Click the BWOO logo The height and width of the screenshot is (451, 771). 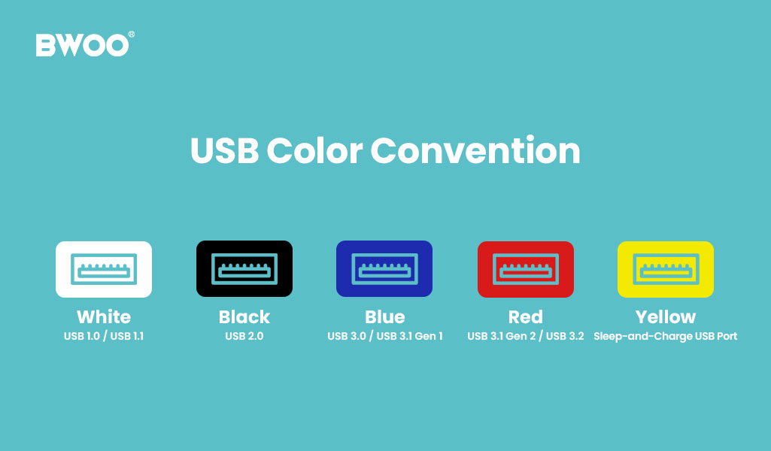[x=82, y=45]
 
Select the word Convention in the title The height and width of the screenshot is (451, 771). [x=475, y=151]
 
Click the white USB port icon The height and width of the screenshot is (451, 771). [x=104, y=268]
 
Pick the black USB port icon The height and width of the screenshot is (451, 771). [x=244, y=268]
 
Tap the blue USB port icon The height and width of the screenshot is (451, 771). [x=384, y=268]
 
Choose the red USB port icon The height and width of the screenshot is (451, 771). [x=526, y=268]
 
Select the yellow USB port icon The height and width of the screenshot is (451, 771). [x=666, y=268]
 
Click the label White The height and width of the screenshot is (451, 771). [x=104, y=317]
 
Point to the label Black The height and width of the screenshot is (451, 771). [x=244, y=317]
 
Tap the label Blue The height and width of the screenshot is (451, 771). [x=384, y=317]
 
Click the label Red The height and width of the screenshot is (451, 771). [x=526, y=317]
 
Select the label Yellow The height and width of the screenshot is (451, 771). [x=666, y=317]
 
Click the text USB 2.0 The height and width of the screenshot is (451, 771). [x=244, y=336]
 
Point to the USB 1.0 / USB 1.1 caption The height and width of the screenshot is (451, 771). [x=104, y=336]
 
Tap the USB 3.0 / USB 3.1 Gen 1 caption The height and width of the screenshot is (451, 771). [x=384, y=336]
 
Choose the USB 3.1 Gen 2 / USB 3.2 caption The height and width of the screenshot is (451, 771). [x=526, y=336]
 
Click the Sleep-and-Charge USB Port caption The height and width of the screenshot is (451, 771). [x=666, y=336]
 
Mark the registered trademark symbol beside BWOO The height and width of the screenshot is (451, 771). [x=132, y=34]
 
